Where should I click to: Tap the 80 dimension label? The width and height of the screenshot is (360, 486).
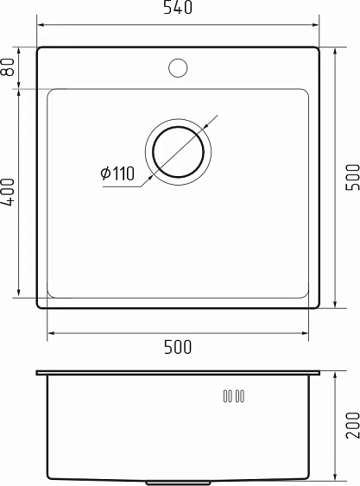pyautogui.click(x=9, y=67)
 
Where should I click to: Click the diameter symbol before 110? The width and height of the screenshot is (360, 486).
pyautogui.click(x=105, y=174)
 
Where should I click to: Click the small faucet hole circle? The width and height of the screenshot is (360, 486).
pyautogui.click(x=179, y=66)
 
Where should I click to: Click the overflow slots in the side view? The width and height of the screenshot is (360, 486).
pyautogui.click(x=233, y=396)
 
